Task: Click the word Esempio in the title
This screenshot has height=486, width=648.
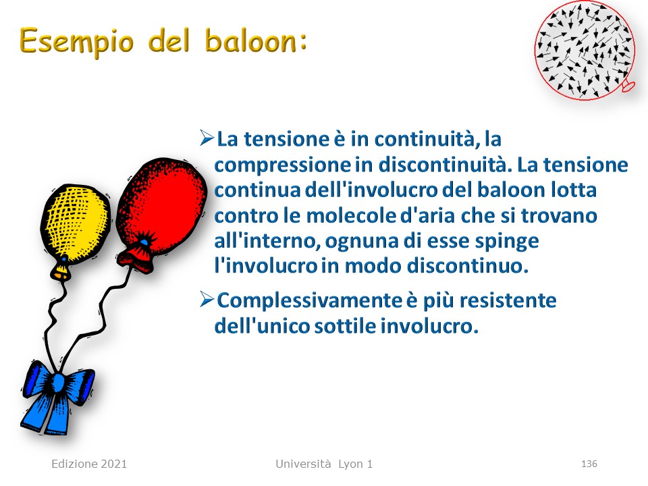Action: pos(77,42)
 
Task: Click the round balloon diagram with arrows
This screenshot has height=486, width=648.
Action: pos(585,50)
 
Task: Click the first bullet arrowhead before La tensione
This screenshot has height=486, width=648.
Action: pos(207,138)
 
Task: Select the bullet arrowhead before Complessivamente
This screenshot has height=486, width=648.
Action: pos(207,299)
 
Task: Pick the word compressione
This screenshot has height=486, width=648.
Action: pos(283,165)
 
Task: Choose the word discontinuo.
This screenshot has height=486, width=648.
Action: pos(468,266)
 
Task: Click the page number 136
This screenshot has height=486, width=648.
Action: pos(589,464)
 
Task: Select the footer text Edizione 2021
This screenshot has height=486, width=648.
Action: pos(89,464)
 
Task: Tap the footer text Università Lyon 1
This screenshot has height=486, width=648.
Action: pos(324,464)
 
